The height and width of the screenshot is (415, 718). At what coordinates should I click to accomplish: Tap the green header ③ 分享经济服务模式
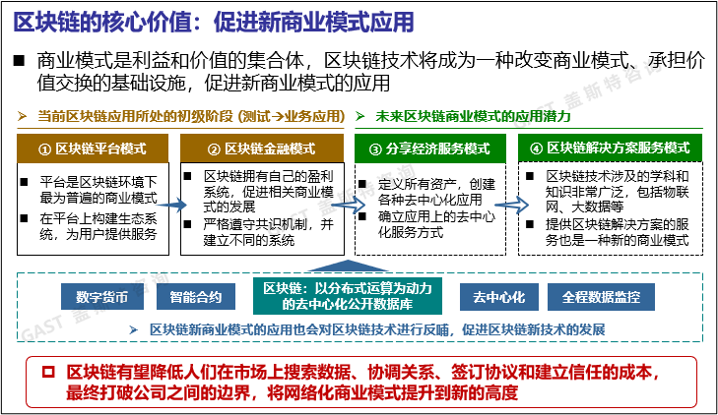tap(429, 148)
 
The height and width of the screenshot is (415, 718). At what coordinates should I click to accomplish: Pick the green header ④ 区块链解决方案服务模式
tap(610, 148)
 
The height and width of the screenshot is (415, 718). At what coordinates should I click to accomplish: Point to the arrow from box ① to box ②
tap(170, 206)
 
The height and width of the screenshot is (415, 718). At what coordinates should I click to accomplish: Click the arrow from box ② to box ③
tap(343, 206)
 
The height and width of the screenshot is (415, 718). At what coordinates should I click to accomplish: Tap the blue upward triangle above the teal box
tap(346, 266)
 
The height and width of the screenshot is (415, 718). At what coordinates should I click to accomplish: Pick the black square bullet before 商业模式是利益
tap(19, 61)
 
